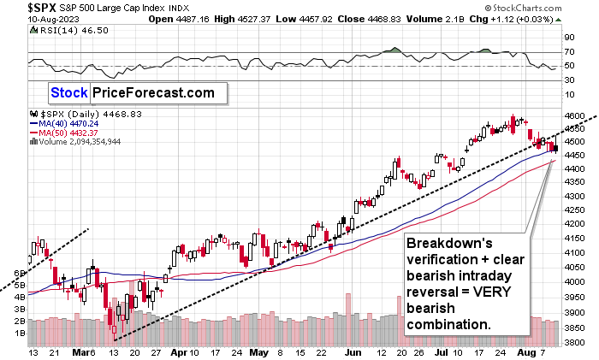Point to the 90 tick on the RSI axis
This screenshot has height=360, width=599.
(x=566, y=38)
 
